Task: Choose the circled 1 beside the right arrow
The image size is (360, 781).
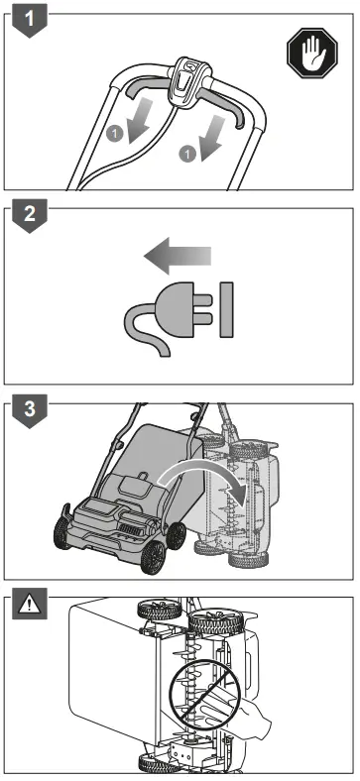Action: pos(183,154)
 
